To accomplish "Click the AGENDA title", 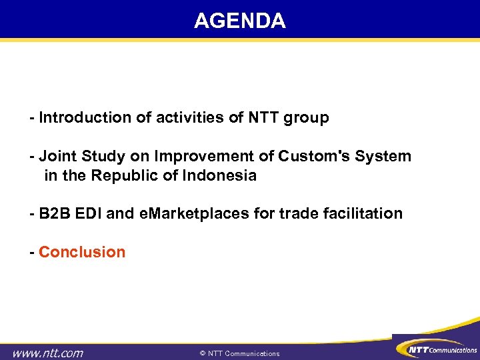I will point(239,21).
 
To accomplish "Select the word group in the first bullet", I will point(307,119).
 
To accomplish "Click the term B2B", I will point(54,214).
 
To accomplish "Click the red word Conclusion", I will point(82,252).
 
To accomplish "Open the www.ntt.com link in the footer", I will point(49,353).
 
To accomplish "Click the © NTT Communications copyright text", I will point(239,353).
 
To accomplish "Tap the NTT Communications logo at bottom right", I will point(436,349).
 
